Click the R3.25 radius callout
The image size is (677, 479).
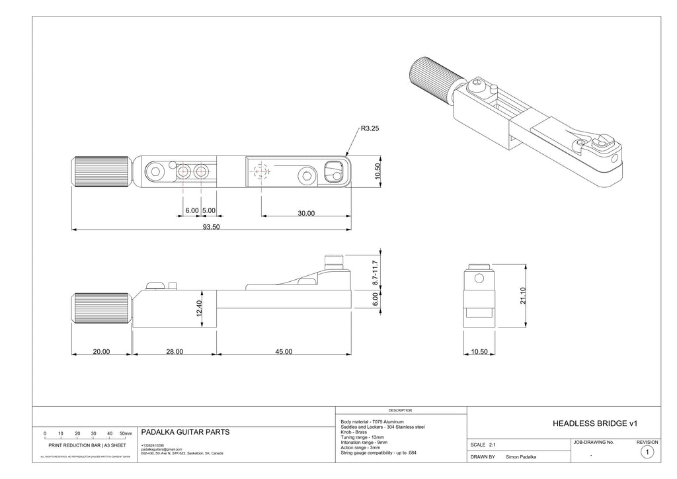pos(370,130)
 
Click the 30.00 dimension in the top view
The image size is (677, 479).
pos(305,213)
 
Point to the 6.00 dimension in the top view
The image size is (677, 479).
pos(192,210)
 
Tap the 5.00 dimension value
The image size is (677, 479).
pos(208,210)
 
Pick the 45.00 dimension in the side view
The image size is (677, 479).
pos(283,352)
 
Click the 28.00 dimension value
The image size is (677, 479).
pos(175,352)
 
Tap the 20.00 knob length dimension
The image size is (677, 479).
pos(101,352)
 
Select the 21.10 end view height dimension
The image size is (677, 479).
pos(522,295)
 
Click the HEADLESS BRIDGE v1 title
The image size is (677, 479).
pos(594,422)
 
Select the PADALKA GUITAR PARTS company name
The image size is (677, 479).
pos(186,432)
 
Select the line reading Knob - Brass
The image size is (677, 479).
pos(354,432)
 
